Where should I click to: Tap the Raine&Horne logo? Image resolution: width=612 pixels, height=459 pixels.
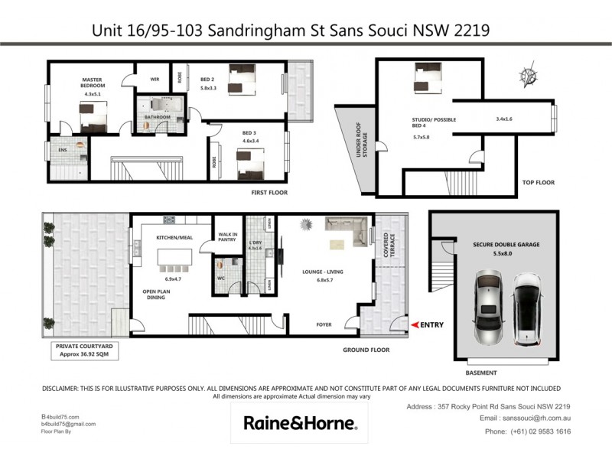click(x=298, y=423)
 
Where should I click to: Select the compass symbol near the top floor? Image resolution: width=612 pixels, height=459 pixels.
click(x=527, y=76)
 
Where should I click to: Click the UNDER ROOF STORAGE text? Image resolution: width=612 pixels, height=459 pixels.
click(x=362, y=149)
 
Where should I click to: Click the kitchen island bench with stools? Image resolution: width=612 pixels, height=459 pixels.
click(x=175, y=258)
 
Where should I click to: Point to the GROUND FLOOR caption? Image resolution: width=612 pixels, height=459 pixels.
click(x=366, y=350)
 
